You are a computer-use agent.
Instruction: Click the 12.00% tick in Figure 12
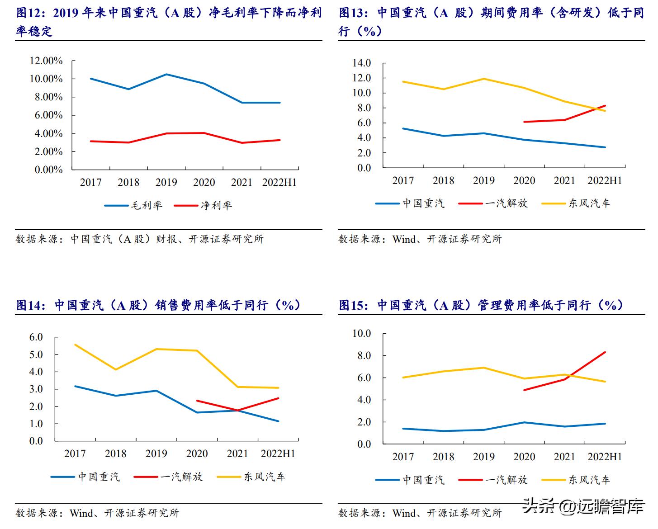click(46, 61)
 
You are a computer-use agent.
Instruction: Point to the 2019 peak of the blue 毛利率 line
click(166, 74)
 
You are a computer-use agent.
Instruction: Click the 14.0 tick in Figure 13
click(361, 63)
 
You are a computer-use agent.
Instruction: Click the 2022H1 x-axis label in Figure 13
click(605, 181)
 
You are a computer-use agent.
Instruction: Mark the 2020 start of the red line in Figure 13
click(524, 122)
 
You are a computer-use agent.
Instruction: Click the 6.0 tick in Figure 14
click(36, 337)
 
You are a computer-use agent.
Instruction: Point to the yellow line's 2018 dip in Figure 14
click(116, 369)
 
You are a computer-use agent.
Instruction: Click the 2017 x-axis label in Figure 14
click(75, 453)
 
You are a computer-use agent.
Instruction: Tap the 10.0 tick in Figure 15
click(361, 334)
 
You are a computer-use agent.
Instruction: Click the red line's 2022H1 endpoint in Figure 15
click(605, 352)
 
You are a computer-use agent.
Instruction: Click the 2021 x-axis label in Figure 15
click(564, 457)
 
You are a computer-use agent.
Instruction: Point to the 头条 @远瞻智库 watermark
click(583, 506)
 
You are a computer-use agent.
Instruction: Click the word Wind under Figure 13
click(404, 239)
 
